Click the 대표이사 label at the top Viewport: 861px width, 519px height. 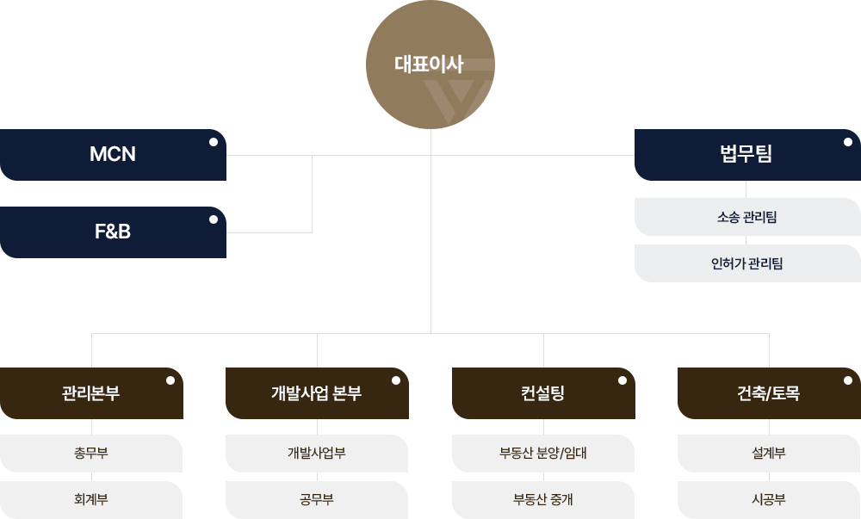pyautogui.click(x=429, y=65)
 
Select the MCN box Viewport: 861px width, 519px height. pyautogui.click(x=113, y=155)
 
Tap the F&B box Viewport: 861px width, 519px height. pyautogui.click(x=113, y=232)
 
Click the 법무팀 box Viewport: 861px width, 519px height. pyautogui.click(x=746, y=155)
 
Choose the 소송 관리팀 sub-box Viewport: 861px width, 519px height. pyautogui.click(x=746, y=217)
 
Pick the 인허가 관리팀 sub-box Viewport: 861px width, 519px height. pyautogui.click(x=746, y=263)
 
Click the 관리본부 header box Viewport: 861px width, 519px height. pyautogui.click(x=91, y=393)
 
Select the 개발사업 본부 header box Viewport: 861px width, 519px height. pyautogui.click(x=316, y=393)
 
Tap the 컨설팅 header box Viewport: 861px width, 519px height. pyautogui.click(x=542, y=393)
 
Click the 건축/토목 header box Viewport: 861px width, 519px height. pyautogui.click(x=768, y=393)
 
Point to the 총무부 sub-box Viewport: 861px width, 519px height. pyautogui.click(x=91, y=453)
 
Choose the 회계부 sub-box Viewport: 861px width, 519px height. pyautogui.click(x=91, y=499)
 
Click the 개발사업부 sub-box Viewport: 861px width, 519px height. pyautogui.click(x=316, y=453)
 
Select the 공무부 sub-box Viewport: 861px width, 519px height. pyautogui.click(x=316, y=499)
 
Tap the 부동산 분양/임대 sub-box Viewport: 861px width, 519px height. pyautogui.click(x=542, y=453)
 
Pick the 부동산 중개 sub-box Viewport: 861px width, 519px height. pyautogui.click(x=542, y=499)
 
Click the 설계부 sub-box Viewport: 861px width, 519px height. pyautogui.click(x=768, y=453)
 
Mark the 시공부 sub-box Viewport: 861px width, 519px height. pyautogui.click(x=768, y=499)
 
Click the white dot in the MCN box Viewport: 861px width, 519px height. pyautogui.click(x=213, y=142)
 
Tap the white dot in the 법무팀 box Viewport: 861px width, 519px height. pyautogui.click(x=847, y=142)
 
